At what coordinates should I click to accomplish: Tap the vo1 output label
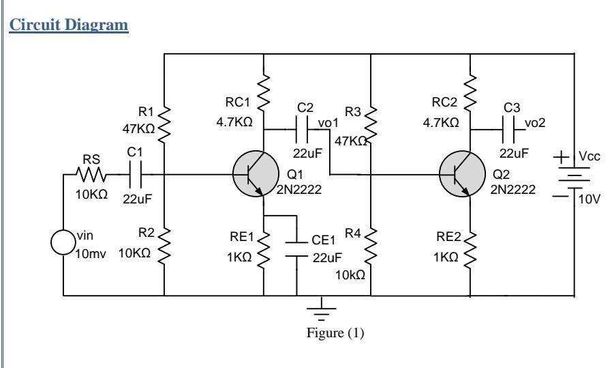(329, 123)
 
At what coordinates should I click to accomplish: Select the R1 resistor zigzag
(165, 123)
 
